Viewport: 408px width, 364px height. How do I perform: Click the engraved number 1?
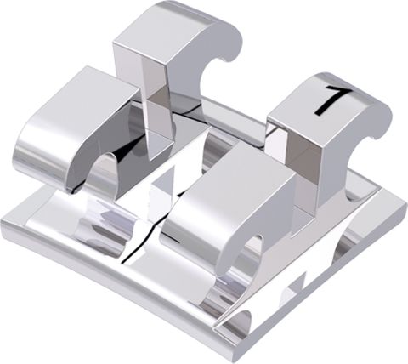tap(333, 100)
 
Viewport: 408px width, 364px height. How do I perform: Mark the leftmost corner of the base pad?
tap(2, 219)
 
